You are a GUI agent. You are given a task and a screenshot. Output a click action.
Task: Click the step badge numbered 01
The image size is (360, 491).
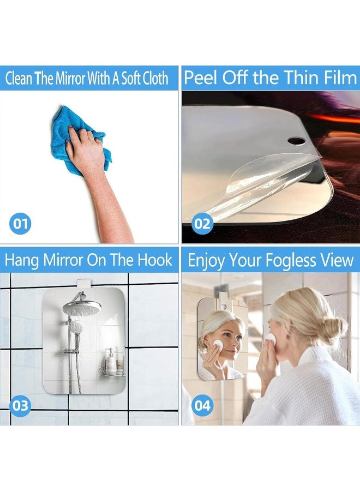click(20, 223)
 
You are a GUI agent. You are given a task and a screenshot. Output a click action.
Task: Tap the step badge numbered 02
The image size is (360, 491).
click(201, 223)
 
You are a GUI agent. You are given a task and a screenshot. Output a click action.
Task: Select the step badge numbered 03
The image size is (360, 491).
click(20, 405)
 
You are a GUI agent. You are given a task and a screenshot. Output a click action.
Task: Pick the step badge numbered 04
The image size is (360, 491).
click(201, 405)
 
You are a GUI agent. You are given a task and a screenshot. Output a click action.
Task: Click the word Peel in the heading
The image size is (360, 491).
click(197, 78)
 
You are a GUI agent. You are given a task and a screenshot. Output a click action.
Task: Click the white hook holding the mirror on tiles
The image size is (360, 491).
click(83, 284)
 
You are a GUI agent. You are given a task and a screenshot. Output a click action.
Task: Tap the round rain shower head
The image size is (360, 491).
click(82, 307)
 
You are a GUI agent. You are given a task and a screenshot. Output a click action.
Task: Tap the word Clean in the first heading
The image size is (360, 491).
click(19, 79)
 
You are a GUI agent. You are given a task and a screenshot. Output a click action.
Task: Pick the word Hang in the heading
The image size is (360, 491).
click(22, 260)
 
